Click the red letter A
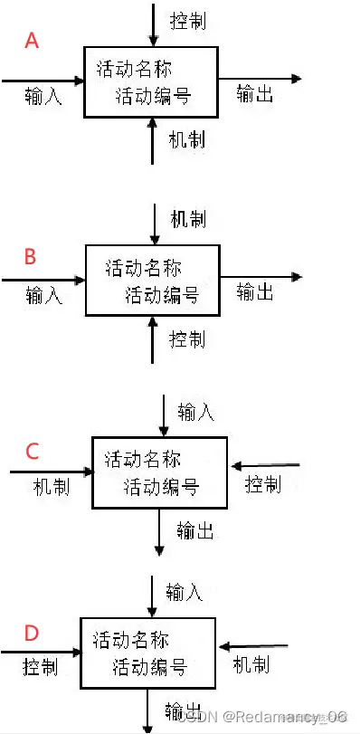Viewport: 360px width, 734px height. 32,40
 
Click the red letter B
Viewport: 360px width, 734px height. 30,257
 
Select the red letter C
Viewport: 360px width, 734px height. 32,451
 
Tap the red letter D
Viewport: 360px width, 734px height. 31,633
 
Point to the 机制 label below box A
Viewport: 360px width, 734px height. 186,139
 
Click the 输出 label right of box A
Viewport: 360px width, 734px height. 255,92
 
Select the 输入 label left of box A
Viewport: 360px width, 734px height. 43,96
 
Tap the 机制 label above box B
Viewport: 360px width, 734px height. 188,219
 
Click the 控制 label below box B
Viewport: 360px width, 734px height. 187,339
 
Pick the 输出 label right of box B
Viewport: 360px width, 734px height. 255,291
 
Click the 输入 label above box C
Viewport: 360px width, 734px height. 195,413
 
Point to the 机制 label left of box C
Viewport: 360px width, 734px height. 52,487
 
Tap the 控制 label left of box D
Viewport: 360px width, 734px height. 41,666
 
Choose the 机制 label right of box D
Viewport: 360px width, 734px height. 251,664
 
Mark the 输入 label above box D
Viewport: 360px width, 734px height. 184,593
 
